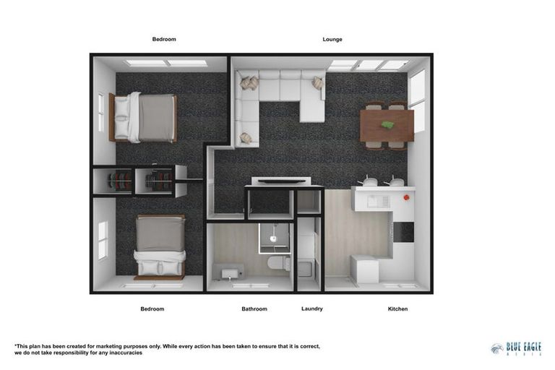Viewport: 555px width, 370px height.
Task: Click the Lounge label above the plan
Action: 332,39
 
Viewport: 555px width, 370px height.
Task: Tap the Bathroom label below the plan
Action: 254,309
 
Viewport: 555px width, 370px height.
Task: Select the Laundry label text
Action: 312,309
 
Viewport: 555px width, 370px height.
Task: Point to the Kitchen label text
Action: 397,309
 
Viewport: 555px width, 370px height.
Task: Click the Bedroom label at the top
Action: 164,39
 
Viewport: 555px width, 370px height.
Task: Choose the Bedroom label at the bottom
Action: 152,309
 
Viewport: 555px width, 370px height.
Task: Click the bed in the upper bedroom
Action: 145,117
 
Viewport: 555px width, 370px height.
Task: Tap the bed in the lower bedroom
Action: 160,246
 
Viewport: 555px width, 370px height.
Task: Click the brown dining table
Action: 387,125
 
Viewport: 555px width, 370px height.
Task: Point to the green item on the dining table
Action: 388,124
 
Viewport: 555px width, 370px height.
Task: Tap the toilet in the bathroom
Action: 277,262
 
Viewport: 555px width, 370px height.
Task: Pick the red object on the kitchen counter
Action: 407,197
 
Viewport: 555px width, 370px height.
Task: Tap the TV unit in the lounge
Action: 281,181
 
